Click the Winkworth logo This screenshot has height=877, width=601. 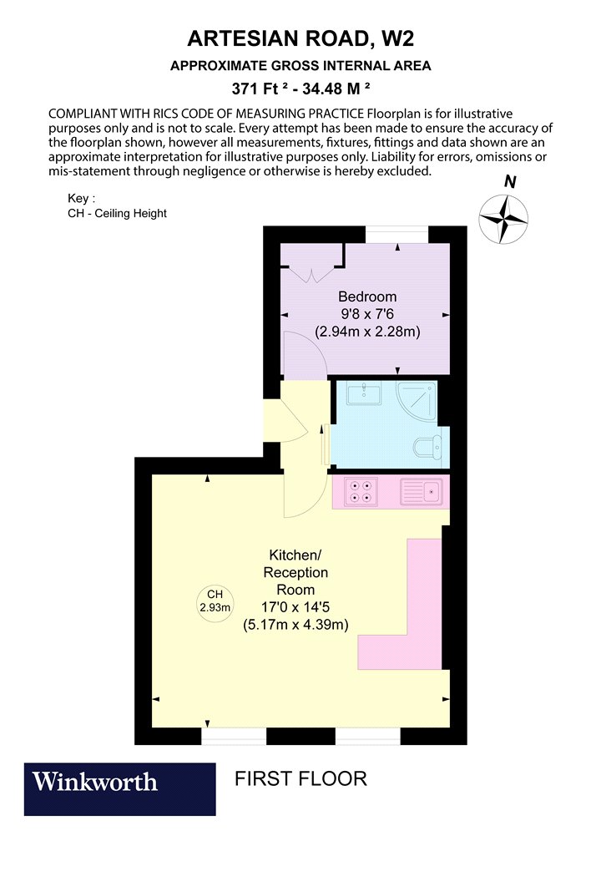119,788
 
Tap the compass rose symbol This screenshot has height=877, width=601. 503,219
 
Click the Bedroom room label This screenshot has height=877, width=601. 367,297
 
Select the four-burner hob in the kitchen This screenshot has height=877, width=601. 361,492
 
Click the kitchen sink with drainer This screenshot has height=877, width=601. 422,492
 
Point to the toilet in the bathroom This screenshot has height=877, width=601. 427,446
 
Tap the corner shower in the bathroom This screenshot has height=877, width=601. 417,401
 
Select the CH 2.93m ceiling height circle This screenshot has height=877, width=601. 215,601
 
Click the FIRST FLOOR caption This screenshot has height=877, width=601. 300,778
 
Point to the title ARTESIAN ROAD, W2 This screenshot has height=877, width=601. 300,38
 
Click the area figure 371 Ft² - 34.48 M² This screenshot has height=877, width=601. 300,89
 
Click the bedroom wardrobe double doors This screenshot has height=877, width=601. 311,275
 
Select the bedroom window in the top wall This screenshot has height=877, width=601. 397,235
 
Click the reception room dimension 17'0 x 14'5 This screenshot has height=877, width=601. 295,607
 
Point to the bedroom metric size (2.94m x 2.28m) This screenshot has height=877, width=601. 367,331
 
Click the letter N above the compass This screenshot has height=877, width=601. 510,182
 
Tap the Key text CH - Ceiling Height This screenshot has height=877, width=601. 117,213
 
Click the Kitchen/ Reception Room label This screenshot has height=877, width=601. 295,572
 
